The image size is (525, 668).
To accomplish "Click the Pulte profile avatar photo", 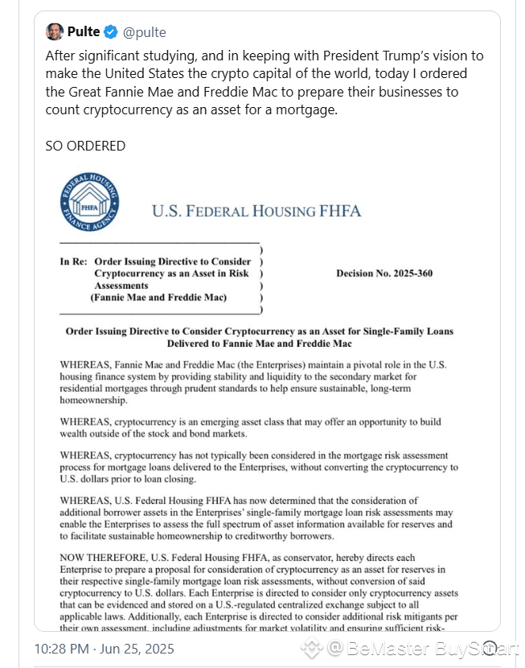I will pyautogui.click(x=55, y=32).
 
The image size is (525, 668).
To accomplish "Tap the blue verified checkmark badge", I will pyautogui.click(x=111, y=32).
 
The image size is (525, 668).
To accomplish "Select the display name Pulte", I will pyautogui.click(x=84, y=32).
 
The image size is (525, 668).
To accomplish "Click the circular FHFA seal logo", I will pyautogui.click(x=89, y=201).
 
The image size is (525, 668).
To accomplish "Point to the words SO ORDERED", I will pyautogui.click(x=85, y=146).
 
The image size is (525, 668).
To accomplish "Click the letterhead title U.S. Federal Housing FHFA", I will pyautogui.click(x=256, y=212).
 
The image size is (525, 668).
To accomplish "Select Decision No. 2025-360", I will pyautogui.click(x=384, y=274).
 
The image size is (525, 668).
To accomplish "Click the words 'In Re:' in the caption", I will pyautogui.click(x=73, y=262).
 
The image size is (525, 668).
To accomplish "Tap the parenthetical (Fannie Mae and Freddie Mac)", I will pyautogui.click(x=158, y=298).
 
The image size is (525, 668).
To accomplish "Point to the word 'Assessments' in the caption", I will pyautogui.click(x=121, y=286).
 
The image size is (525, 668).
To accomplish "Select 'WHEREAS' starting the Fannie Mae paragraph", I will pyautogui.click(x=84, y=365).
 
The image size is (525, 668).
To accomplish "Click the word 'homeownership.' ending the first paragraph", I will pyautogui.click(x=93, y=399).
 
